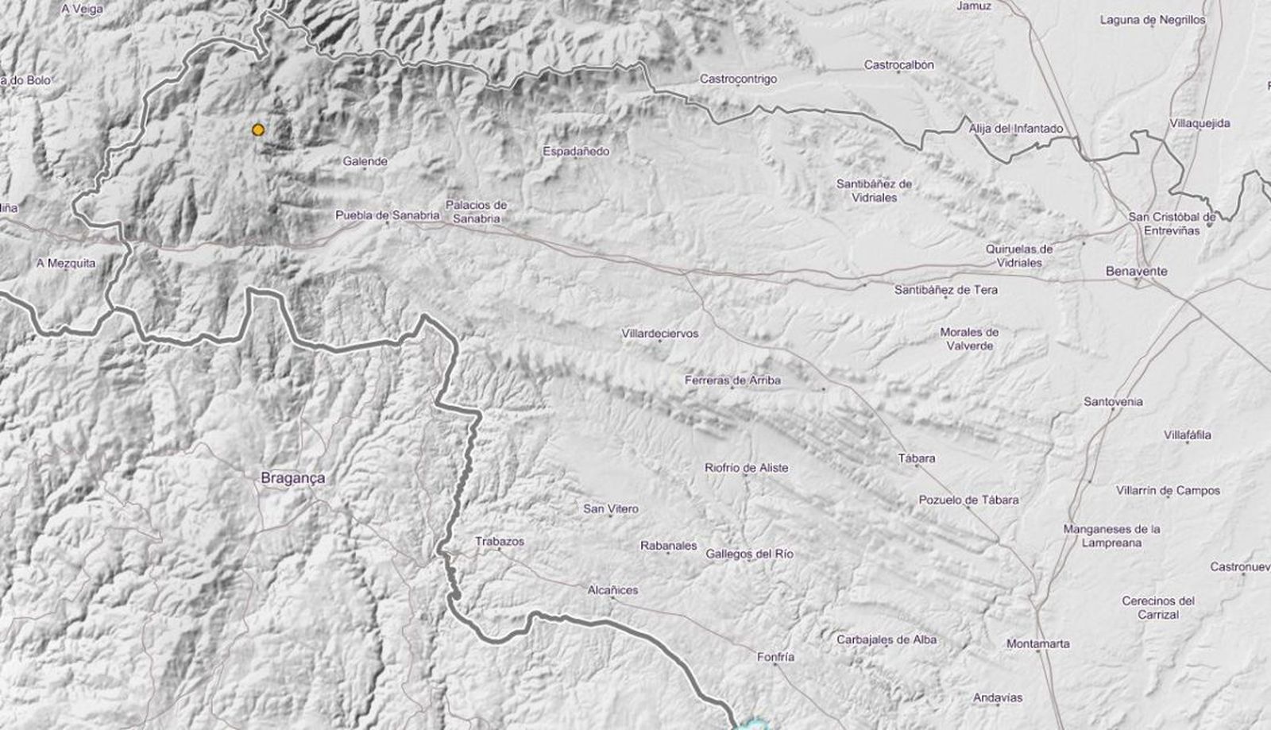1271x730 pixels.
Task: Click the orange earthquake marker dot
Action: pyautogui.click(x=257, y=129)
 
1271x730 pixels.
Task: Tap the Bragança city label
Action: pyautogui.click(x=292, y=478)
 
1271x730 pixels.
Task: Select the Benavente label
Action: pyautogui.click(x=1136, y=271)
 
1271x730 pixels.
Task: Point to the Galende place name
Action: pyautogui.click(x=365, y=161)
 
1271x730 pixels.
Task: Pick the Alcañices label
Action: pyautogui.click(x=612, y=590)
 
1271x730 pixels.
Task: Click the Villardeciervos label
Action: pyautogui.click(x=660, y=334)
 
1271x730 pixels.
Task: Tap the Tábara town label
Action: pyautogui.click(x=916, y=458)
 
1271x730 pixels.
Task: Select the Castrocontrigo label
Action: pyautogui.click(x=738, y=79)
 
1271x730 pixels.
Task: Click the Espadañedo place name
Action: pyautogui.click(x=576, y=151)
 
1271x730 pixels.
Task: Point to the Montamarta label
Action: pyautogui.click(x=1037, y=643)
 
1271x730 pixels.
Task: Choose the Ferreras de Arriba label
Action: pyautogui.click(x=732, y=380)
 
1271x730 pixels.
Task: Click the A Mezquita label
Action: pyautogui.click(x=66, y=263)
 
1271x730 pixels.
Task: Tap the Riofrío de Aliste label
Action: pyautogui.click(x=746, y=468)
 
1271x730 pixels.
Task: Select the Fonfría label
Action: pyautogui.click(x=775, y=657)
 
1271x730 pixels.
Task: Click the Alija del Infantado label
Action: pyautogui.click(x=1015, y=129)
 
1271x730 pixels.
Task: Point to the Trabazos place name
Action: pyautogui.click(x=499, y=541)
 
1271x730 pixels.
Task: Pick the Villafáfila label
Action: pyautogui.click(x=1187, y=435)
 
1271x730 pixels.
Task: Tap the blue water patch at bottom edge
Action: pyautogui.click(x=751, y=724)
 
